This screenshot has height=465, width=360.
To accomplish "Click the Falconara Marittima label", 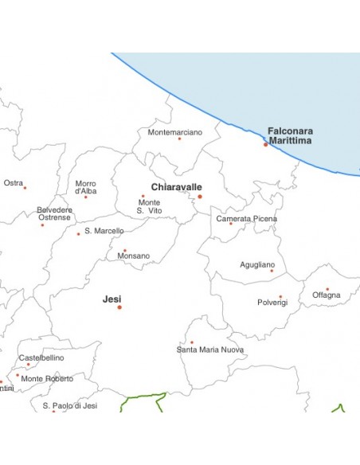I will pos(290,135).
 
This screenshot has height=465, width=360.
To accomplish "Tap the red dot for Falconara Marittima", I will pos(265,145).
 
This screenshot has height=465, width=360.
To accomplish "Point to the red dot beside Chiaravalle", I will pos(200,197).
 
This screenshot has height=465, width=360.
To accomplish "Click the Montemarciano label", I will pos(175,132).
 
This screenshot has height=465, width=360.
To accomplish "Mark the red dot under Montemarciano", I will pos(179,139).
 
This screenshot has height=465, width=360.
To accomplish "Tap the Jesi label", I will pos(112,299).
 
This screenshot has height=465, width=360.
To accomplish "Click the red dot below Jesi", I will pos(119,307).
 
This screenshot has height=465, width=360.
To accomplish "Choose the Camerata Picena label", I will pos(247,218).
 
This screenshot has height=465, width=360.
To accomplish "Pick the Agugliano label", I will pos(257,264).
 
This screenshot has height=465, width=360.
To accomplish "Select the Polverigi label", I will pos(272,303).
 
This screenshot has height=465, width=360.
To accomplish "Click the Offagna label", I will pos(327,295).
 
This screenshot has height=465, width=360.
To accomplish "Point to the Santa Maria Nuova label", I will pos(210,350).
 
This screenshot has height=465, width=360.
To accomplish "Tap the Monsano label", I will pos(133,256).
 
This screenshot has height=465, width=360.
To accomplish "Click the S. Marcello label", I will pos(104,231).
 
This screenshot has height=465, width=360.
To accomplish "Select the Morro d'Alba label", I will pos(85,187).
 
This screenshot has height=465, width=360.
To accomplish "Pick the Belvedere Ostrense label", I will pos(54,213).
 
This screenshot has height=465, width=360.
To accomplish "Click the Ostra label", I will pos(14,183).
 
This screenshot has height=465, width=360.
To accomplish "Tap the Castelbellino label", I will pos(41,358).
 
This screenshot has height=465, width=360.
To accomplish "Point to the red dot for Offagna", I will pos(327,289).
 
